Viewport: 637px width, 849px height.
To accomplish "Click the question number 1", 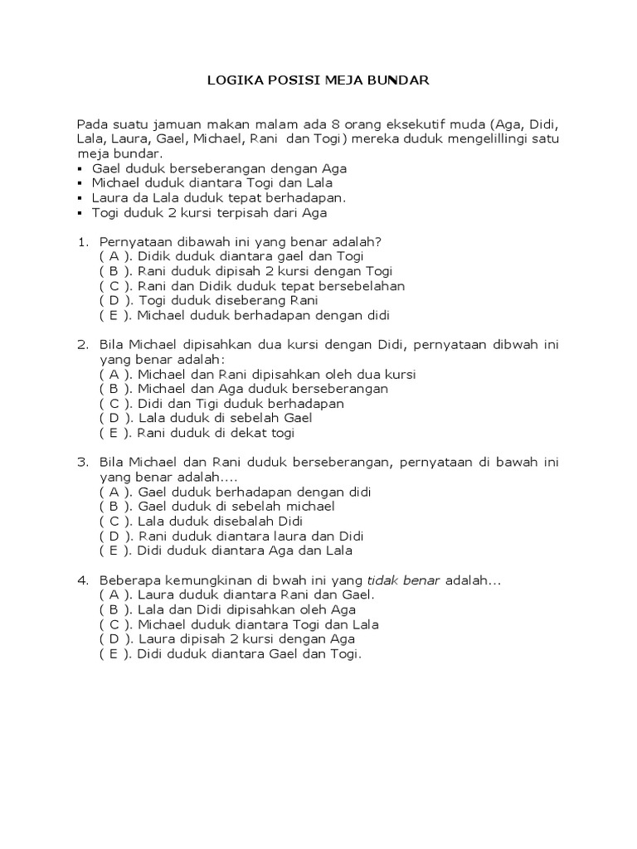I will (x=82, y=242).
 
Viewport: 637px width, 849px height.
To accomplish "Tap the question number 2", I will (x=82, y=345).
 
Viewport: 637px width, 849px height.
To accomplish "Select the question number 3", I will (x=82, y=463).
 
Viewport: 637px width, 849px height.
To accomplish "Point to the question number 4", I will (x=82, y=580).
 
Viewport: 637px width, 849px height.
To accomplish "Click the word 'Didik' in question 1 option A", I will (x=155, y=257).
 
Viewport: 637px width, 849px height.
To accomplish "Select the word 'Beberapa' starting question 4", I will (x=128, y=580).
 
